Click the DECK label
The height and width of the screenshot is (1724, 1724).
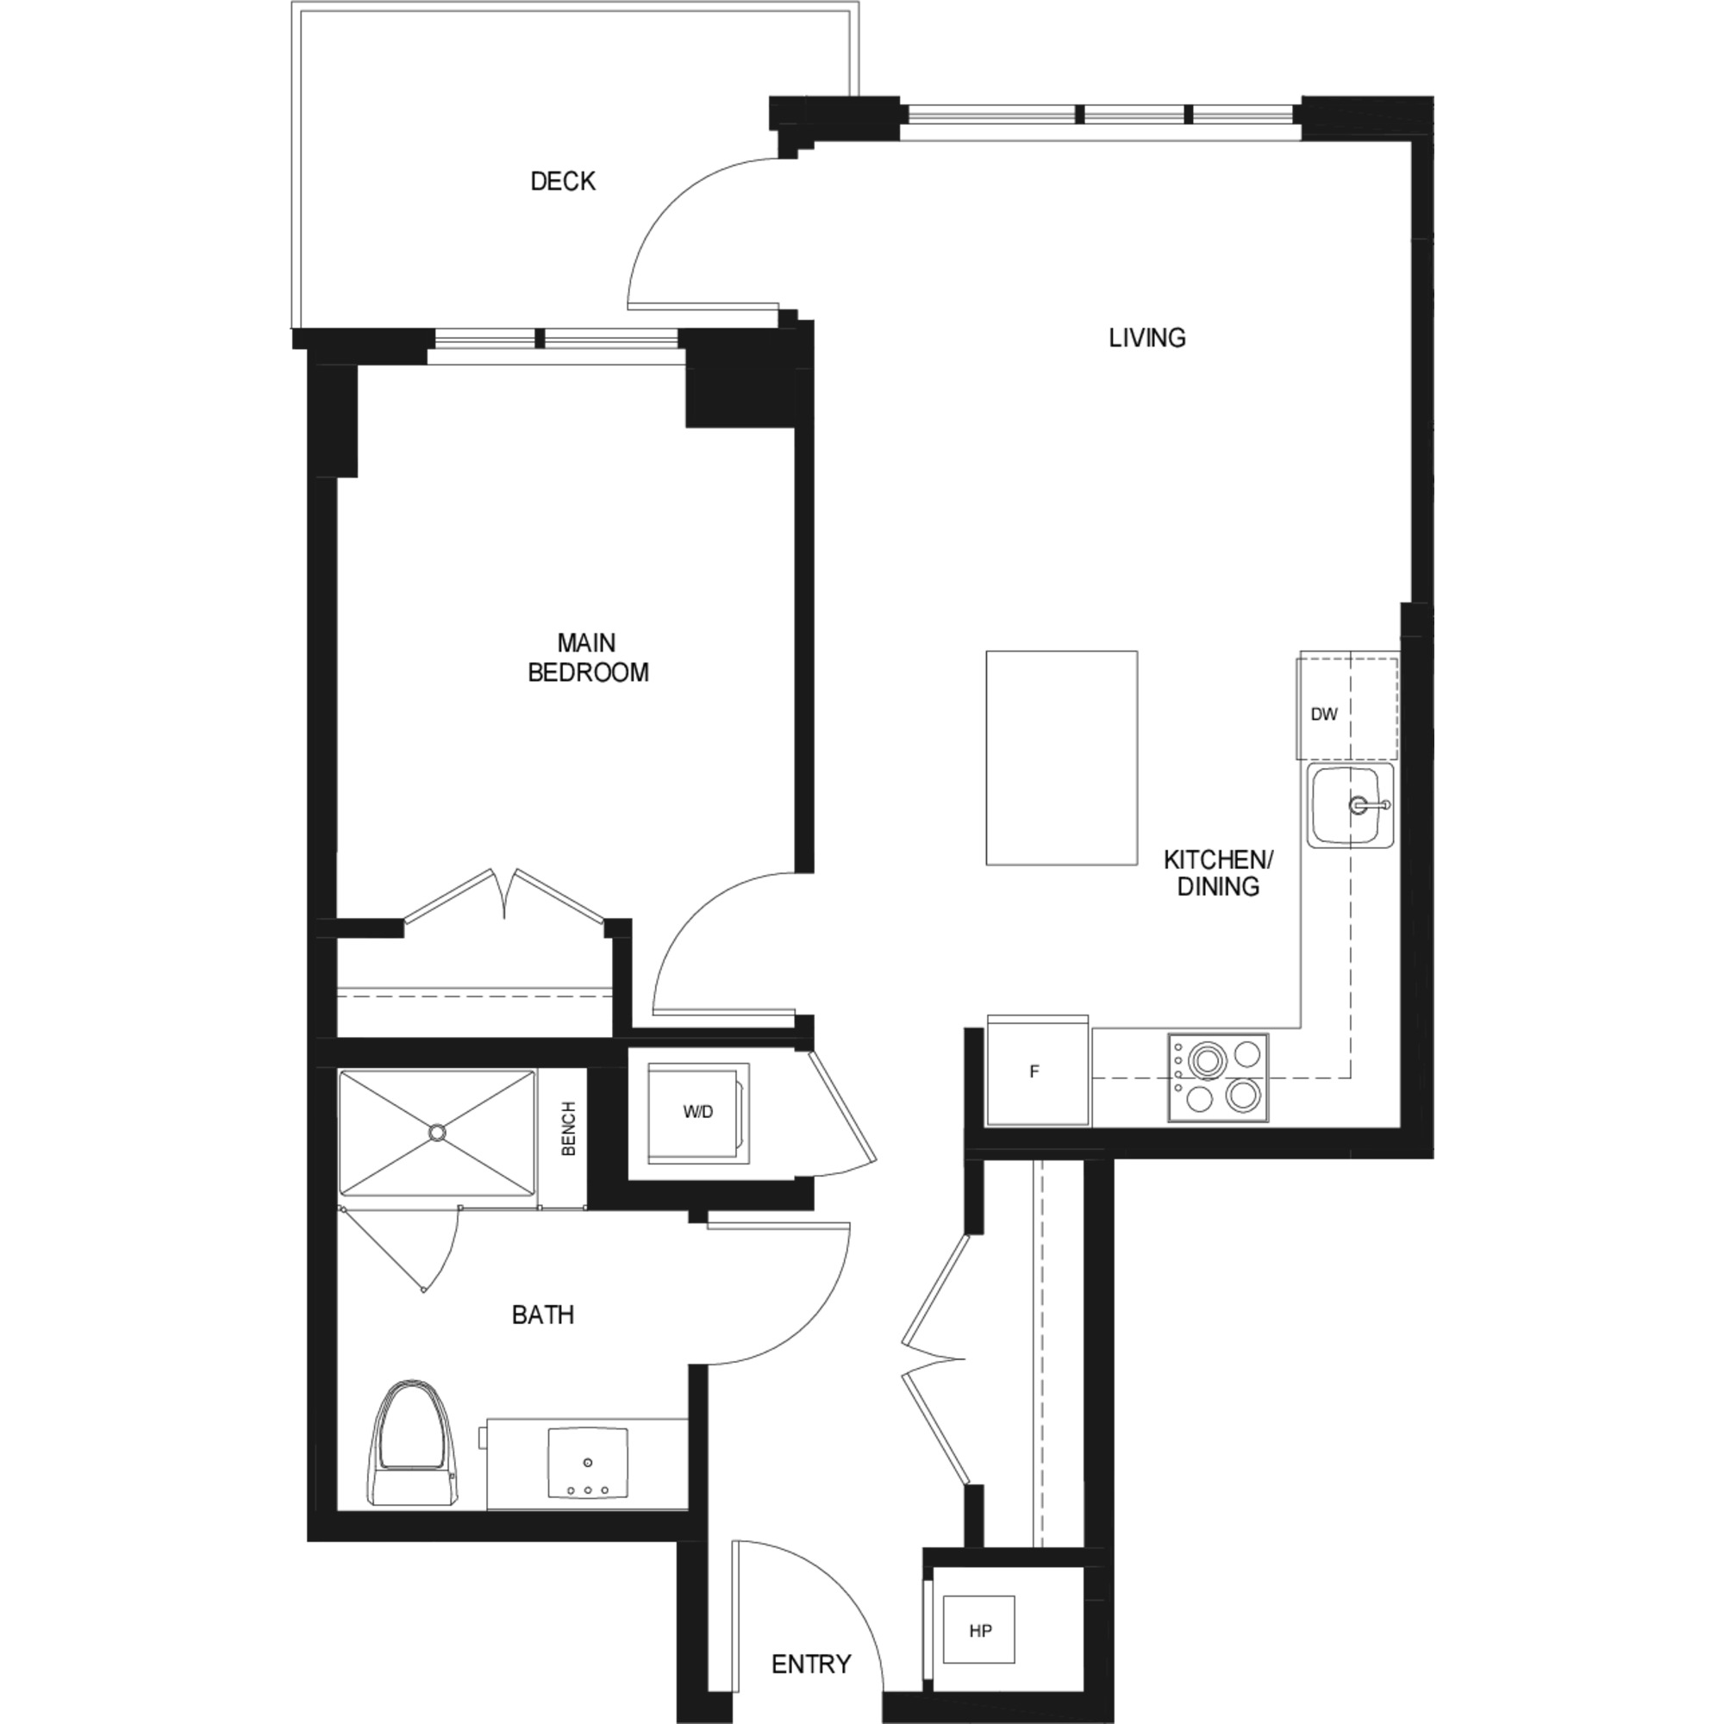(x=562, y=181)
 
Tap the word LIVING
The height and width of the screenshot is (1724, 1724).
(x=1146, y=338)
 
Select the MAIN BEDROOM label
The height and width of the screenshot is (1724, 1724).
(x=587, y=658)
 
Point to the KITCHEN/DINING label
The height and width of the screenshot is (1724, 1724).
(x=1218, y=872)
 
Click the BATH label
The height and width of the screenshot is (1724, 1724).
(x=542, y=1315)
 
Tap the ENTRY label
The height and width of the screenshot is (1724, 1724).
(x=810, y=1665)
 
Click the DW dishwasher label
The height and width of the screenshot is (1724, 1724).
(x=1324, y=714)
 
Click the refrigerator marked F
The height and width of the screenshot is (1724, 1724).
(x=1037, y=1071)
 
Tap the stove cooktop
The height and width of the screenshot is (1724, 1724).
(x=1218, y=1078)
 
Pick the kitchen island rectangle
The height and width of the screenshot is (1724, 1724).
(x=1061, y=758)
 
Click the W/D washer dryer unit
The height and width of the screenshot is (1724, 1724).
(x=699, y=1113)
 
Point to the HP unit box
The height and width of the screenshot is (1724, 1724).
(x=979, y=1630)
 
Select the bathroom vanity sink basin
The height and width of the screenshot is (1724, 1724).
(x=587, y=1465)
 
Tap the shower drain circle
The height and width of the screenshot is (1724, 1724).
(x=436, y=1133)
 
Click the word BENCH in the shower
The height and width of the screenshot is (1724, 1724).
(x=568, y=1129)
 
